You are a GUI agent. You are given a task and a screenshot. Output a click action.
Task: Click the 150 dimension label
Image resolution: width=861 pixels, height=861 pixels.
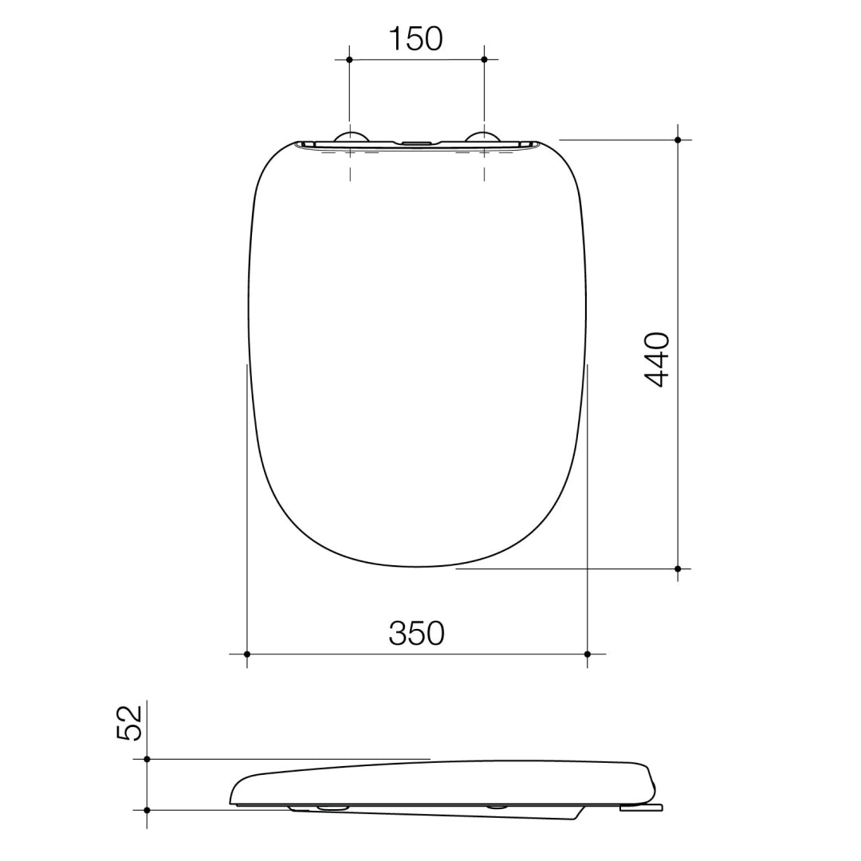click(415, 39)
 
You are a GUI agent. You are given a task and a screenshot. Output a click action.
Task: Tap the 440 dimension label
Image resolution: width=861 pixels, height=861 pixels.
click(658, 360)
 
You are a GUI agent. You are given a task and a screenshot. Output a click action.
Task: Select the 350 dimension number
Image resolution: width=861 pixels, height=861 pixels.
click(416, 634)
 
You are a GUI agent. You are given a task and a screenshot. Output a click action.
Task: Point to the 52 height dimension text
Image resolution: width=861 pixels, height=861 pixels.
click(130, 723)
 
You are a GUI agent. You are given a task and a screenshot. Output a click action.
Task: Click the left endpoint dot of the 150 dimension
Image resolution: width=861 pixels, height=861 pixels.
click(349, 60)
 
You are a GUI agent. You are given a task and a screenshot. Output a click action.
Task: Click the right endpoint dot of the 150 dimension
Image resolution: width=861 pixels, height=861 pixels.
click(484, 60)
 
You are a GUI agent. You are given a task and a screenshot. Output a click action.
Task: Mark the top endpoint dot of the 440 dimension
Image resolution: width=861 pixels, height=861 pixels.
click(678, 140)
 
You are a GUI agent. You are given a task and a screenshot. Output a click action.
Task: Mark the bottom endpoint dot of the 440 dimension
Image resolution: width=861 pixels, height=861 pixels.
click(678, 569)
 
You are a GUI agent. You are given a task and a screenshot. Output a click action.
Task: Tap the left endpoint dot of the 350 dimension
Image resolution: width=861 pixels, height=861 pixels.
click(247, 654)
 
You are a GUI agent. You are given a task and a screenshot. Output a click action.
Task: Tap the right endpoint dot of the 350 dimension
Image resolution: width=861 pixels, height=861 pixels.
click(588, 654)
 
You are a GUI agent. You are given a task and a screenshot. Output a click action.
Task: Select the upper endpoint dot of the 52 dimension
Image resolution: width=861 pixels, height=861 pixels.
click(147, 760)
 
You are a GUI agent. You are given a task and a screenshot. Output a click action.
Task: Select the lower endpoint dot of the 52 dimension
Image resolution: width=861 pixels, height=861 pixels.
click(147, 810)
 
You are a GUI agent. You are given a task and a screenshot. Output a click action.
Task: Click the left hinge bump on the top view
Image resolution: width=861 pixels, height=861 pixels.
click(351, 136)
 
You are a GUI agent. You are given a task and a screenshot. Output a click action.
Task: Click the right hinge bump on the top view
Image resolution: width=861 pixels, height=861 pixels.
click(483, 136)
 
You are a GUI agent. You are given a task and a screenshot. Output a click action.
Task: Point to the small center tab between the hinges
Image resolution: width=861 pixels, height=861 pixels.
click(416, 143)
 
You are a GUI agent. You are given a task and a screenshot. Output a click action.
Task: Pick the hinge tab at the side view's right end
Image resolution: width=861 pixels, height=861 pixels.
click(640, 808)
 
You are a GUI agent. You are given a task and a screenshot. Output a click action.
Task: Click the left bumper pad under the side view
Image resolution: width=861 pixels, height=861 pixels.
click(332, 808)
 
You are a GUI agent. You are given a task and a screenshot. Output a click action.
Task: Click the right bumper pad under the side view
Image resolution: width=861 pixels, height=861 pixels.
click(498, 807)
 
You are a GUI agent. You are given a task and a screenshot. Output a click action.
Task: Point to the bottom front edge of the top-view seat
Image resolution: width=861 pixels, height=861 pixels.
click(416, 567)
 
